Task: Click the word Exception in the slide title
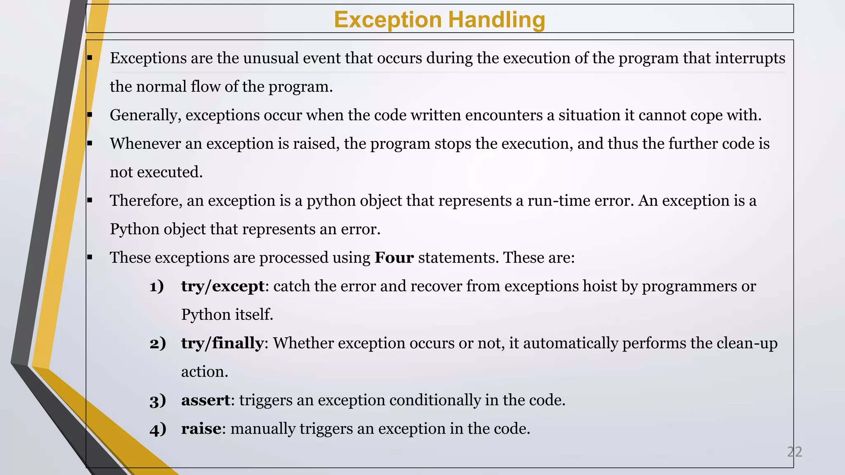[388, 19]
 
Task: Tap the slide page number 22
[794, 452]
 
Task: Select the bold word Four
[394, 258]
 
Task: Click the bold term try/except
[223, 286]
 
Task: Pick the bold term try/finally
[222, 343]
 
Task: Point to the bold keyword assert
[205, 400]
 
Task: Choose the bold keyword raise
[201, 429]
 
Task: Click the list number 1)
[157, 286]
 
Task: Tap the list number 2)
[158, 343]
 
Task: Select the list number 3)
[158, 400]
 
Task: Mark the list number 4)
[158, 429]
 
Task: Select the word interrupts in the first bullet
[750, 58]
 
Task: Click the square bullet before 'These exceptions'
[90, 258]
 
